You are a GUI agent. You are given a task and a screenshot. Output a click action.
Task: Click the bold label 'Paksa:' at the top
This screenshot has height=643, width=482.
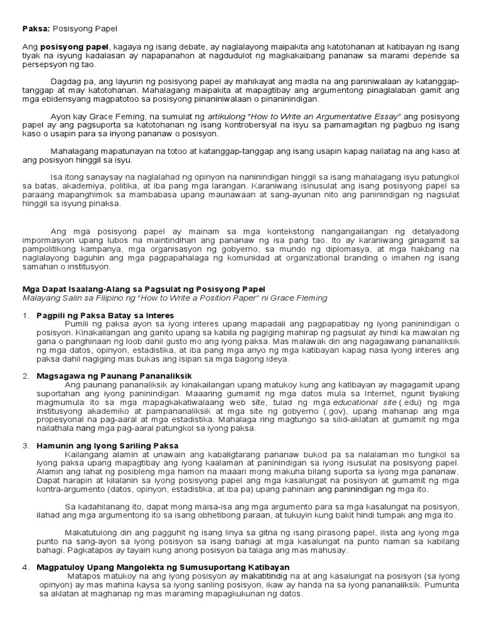(x=35, y=29)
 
